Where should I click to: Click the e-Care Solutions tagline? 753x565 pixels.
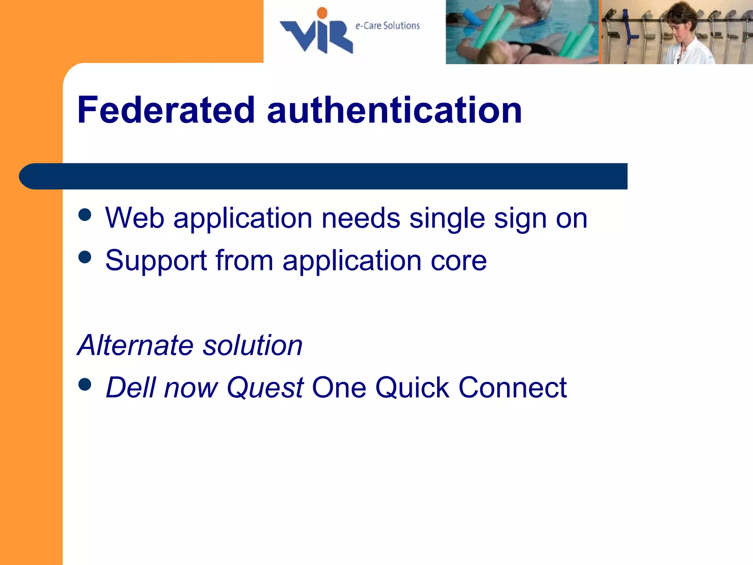click(388, 26)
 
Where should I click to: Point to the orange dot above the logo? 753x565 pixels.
click(322, 13)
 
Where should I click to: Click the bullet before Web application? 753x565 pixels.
click(85, 215)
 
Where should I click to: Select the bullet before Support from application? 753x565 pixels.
click(85, 257)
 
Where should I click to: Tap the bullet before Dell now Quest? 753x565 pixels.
click(85, 384)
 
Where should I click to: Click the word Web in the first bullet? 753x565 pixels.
click(135, 218)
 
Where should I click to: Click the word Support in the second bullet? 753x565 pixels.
click(156, 261)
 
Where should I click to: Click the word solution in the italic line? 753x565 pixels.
click(253, 345)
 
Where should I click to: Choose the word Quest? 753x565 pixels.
click(265, 388)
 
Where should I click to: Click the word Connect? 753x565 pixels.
click(513, 387)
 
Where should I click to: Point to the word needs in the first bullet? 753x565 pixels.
click(361, 218)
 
